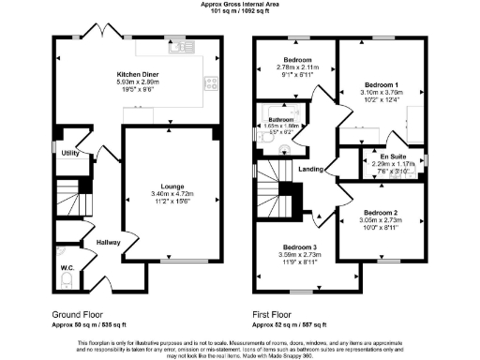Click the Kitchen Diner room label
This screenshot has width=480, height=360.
coord(138,74)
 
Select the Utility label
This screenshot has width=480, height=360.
coord(69,151)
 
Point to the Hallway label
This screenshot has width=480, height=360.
coord(110,244)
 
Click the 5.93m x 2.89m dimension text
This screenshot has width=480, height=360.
coord(138,82)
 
